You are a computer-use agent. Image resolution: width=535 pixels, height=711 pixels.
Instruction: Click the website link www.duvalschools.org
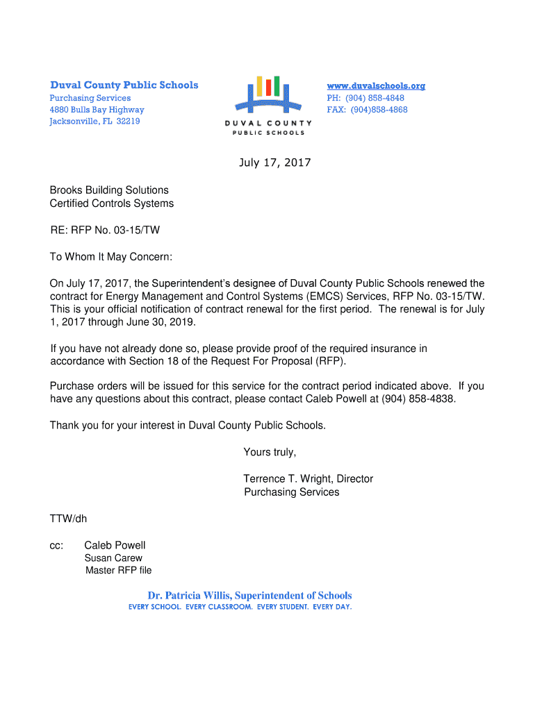tap(376, 86)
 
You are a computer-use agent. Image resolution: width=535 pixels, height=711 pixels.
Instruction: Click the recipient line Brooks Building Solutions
tap(109, 190)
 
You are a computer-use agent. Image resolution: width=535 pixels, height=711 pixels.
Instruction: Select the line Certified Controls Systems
tap(112, 203)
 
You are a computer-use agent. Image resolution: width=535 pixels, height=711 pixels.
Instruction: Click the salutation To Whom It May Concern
tap(110, 257)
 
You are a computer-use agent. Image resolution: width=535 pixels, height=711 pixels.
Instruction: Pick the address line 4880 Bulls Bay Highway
tap(97, 110)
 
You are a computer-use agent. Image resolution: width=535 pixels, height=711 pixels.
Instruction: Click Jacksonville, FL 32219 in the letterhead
tap(94, 121)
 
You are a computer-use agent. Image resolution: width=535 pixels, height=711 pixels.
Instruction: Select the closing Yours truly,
tap(270, 453)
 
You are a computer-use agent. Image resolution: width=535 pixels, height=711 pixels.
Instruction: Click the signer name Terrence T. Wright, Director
tap(308, 479)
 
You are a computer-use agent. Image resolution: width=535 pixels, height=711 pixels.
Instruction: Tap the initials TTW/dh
tap(68, 519)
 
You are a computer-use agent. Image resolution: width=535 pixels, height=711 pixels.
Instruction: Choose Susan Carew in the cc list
tap(113, 558)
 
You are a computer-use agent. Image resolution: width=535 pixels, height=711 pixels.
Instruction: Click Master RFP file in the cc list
tap(118, 571)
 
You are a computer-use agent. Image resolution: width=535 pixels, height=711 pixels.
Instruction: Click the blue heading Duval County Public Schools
tap(124, 85)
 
